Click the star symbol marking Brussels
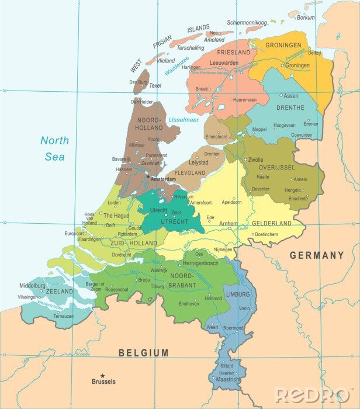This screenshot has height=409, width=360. pos(103,376)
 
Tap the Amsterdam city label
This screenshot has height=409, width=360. pos(163,179)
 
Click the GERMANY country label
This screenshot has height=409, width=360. pos(316,255)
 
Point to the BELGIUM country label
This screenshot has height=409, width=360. pos(143,352)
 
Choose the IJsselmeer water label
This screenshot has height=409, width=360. pos(184,120)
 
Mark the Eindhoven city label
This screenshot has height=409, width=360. pos(189,304)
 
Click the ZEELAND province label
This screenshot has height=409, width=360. pos(60,291)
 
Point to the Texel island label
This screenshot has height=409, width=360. pos(155,85)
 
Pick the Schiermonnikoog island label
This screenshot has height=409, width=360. pos(247,22)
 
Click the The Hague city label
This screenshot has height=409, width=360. pos(116,216)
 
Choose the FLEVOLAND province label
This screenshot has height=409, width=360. pos(191,172)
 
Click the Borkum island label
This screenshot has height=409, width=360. pos(306,18)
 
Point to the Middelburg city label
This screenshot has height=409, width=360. pos(32,286)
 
